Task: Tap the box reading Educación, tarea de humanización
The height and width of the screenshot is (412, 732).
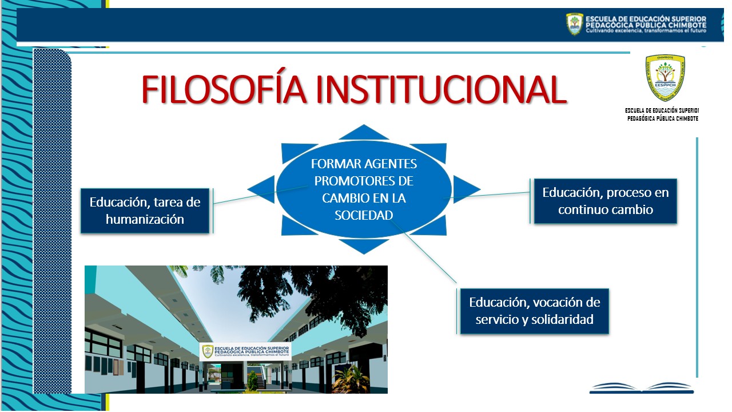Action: [145, 211]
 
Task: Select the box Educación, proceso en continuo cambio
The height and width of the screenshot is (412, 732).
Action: [605, 201]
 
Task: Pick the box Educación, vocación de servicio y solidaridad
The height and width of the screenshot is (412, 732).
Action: [534, 311]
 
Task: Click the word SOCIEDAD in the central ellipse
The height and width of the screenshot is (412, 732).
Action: [364, 215]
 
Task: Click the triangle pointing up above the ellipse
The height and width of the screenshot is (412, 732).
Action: [364, 133]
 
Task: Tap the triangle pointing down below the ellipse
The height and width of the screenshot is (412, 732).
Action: [364, 246]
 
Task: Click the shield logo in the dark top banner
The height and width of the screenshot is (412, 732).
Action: [575, 24]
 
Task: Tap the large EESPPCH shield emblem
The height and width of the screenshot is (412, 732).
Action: [665, 77]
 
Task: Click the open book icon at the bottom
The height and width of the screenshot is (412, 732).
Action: [641, 388]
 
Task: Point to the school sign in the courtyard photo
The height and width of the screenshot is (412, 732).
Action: [245, 351]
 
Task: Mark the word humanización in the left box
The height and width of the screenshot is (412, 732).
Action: [145, 219]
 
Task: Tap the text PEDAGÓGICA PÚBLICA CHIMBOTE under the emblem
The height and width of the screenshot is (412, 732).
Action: [663, 118]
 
